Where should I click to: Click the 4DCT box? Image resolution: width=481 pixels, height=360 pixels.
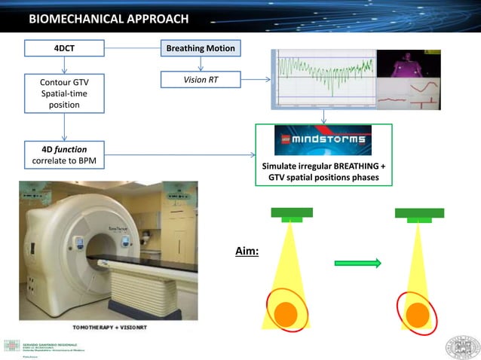(x=63, y=49)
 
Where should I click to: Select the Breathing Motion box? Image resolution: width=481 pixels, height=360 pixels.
(x=201, y=49)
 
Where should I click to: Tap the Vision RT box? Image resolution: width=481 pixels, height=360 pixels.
(x=201, y=79)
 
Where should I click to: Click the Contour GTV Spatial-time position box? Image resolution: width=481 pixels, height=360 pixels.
(x=63, y=93)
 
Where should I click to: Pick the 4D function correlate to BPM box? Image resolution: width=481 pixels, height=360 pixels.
(x=63, y=155)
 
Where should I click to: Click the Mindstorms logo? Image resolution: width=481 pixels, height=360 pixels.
(x=323, y=140)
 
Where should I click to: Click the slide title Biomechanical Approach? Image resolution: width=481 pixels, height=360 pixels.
(x=109, y=18)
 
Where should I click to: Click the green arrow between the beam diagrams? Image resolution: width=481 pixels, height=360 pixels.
(x=358, y=263)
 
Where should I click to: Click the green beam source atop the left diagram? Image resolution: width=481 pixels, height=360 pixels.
(x=292, y=214)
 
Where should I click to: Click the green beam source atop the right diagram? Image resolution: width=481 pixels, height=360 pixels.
(x=418, y=214)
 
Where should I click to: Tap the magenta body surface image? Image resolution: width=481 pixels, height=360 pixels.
(x=407, y=63)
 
